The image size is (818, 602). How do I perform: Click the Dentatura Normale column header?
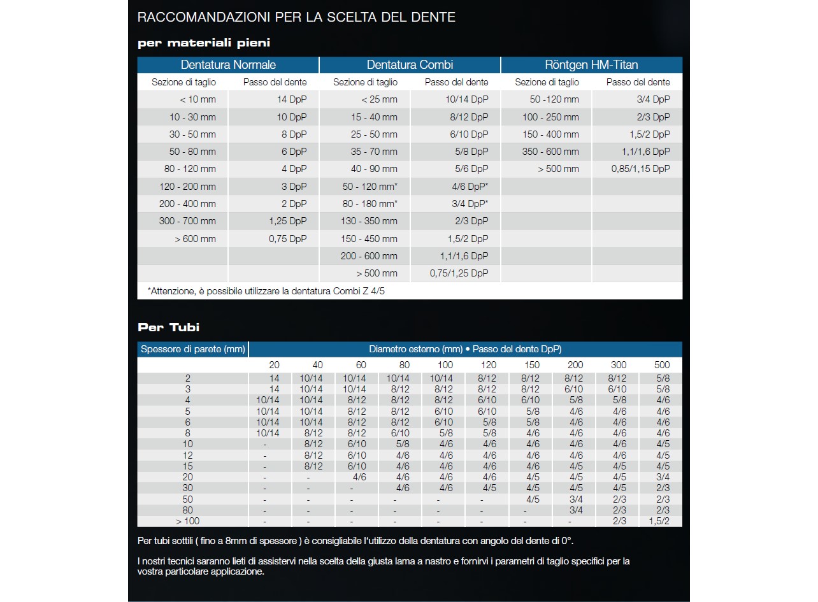(x=228, y=65)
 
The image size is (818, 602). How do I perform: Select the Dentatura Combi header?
(x=410, y=65)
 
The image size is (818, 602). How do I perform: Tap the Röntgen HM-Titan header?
(x=591, y=65)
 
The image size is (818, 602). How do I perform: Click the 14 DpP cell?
(x=291, y=99)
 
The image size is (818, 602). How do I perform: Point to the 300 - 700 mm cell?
(x=187, y=221)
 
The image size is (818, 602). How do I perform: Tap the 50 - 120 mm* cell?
(x=370, y=187)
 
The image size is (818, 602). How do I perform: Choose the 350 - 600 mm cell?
(x=550, y=152)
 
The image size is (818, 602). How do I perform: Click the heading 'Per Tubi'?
(x=168, y=327)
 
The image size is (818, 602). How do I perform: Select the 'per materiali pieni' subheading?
(x=204, y=43)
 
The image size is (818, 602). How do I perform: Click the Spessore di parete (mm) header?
(x=192, y=349)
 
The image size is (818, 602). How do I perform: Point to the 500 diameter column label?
(x=663, y=365)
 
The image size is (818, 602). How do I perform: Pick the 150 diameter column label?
(x=531, y=365)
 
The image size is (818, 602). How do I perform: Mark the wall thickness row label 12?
(x=187, y=455)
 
